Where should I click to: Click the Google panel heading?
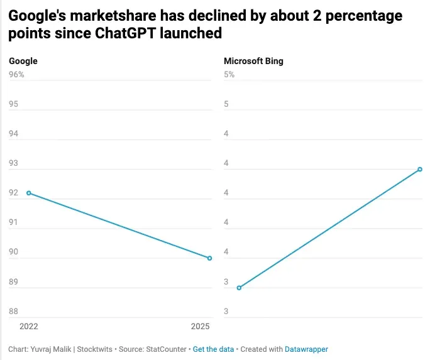click(x=23, y=61)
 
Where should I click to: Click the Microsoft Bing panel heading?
click(x=253, y=61)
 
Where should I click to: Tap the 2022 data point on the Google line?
click(x=29, y=193)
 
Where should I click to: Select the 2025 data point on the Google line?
click(x=209, y=258)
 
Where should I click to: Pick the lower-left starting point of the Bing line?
click(x=239, y=288)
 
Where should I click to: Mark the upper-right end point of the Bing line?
click(x=420, y=169)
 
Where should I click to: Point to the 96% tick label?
click(x=16, y=75)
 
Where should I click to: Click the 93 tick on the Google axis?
click(x=13, y=163)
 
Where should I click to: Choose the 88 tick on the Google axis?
click(x=13, y=312)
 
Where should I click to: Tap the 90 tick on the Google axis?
click(x=13, y=253)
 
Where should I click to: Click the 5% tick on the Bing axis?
click(x=229, y=75)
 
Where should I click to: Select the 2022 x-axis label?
click(x=29, y=327)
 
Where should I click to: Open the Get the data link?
click(x=213, y=349)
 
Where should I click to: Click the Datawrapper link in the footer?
click(x=306, y=349)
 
